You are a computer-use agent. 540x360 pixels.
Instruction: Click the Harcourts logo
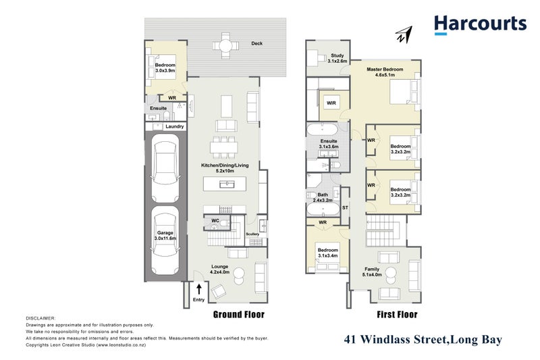click(x=480, y=25)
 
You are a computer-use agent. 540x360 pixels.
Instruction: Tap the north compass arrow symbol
click(x=404, y=34)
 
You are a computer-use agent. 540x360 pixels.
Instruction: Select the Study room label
click(x=337, y=58)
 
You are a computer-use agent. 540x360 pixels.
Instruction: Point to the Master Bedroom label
click(x=385, y=72)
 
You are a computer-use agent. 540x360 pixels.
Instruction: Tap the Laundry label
click(x=174, y=126)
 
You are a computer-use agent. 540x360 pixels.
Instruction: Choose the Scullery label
click(x=252, y=234)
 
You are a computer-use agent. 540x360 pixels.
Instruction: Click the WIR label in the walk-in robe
click(x=331, y=103)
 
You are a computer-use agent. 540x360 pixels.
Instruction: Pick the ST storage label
click(x=345, y=207)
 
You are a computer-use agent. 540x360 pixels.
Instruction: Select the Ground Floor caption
click(x=239, y=315)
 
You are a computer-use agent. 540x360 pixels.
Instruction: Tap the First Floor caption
click(x=398, y=315)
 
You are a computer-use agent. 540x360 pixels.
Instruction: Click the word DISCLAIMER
click(x=41, y=317)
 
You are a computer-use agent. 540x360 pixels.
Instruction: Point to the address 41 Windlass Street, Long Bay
click(x=423, y=340)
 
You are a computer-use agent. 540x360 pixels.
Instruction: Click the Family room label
click(x=372, y=272)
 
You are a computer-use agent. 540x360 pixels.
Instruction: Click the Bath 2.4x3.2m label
click(x=323, y=197)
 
